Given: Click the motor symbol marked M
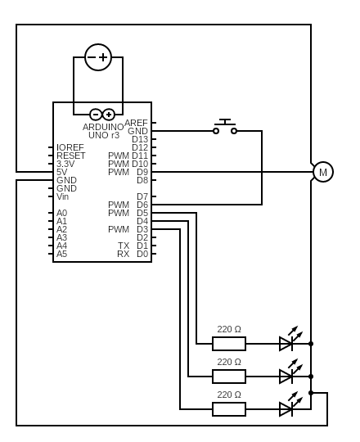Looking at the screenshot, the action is point(323,172).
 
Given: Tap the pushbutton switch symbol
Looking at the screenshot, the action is point(225,127).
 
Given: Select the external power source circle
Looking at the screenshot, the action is point(98,57).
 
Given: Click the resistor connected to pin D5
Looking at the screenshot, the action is point(229,344).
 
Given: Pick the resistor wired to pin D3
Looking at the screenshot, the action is point(229,409).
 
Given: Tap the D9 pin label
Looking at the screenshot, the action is point(142,172).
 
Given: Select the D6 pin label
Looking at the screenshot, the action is point(142,205).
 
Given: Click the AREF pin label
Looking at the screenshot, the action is point(136,123).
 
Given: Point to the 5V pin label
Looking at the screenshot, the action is point(61,172).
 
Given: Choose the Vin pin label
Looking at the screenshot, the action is point(62,196).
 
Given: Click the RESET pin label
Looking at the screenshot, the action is point(70,156).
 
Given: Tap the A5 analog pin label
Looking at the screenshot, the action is point(61,254).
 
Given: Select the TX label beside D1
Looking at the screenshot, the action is point(124,246).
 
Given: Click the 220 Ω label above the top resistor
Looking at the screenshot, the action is point(229,329).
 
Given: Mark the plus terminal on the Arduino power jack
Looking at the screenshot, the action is point(109,115).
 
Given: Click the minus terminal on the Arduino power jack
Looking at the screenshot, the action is point(96,115).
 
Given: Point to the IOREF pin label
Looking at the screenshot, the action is point(70,147).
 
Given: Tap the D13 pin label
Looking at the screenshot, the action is point(140,139).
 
